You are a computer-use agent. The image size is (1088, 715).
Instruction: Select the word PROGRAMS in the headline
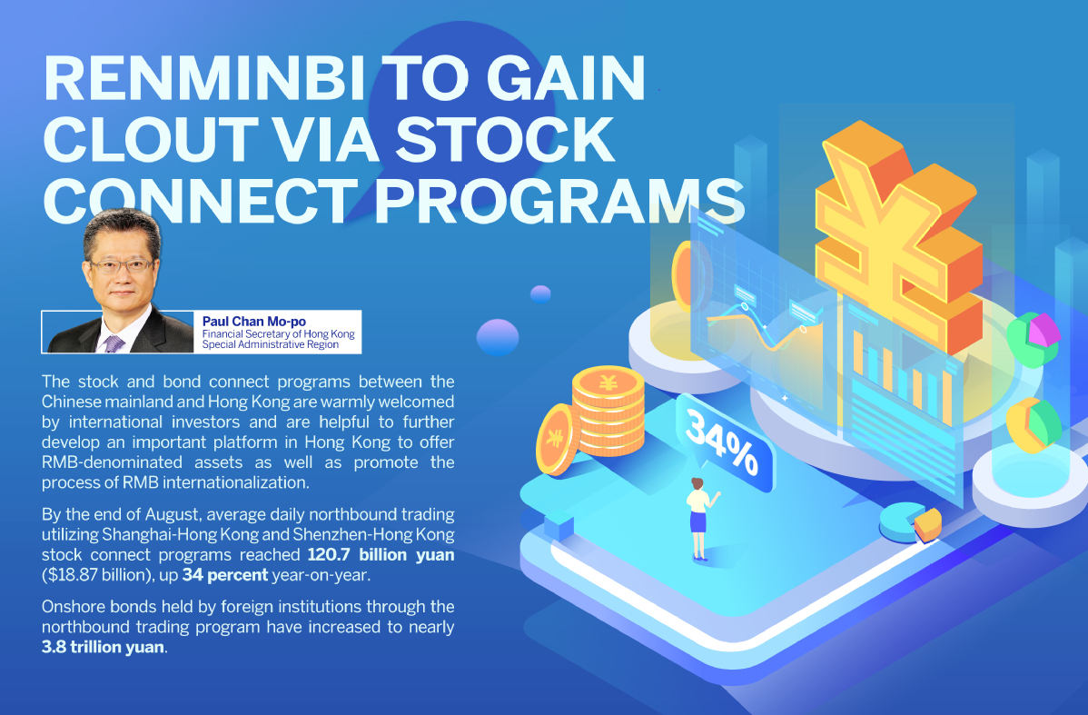coord(559,201)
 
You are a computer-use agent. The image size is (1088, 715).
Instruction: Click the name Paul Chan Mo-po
coord(254,322)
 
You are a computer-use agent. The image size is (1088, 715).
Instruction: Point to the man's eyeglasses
coord(121,265)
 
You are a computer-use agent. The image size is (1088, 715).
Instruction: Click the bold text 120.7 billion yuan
coord(381,554)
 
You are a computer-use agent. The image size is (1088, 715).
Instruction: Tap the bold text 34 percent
coord(225,575)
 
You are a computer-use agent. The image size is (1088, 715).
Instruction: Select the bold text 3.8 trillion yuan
coord(104,647)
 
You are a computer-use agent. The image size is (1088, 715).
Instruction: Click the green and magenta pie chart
coord(1034,338)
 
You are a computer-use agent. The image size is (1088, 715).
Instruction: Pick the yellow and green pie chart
coord(1034,425)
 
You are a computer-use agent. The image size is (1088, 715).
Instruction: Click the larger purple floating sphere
coord(498,337)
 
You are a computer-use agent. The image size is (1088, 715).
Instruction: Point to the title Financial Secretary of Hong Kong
coord(278,334)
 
